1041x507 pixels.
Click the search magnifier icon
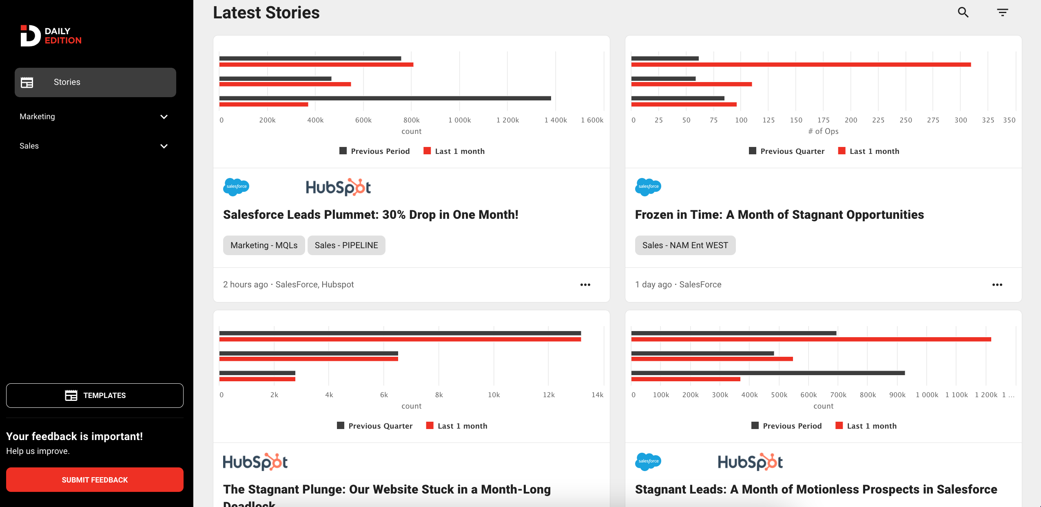click(x=963, y=12)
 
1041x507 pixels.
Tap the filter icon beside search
click(x=1002, y=12)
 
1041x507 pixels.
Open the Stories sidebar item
click(x=95, y=82)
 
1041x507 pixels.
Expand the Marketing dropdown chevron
click(x=164, y=117)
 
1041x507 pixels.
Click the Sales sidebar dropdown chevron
click(x=164, y=146)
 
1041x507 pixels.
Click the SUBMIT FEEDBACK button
click(x=95, y=480)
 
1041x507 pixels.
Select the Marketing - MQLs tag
click(x=264, y=245)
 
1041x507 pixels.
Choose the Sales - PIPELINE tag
click(x=346, y=245)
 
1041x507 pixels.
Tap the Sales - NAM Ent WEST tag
click(x=685, y=245)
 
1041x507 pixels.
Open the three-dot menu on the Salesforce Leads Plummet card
click(x=585, y=285)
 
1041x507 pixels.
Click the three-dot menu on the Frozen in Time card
click(x=997, y=285)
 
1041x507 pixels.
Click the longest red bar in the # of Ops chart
click(x=801, y=64)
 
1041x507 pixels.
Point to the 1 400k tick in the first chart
click(x=556, y=120)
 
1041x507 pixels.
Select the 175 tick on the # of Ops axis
click(x=823, y=120)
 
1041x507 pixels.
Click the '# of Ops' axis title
click(x=823, y=131)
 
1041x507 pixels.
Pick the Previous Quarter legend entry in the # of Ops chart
click(x=787, y=151)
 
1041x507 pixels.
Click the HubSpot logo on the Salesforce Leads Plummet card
click(x=338, y=187)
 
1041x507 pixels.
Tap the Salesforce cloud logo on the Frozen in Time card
click(x=648, y=187)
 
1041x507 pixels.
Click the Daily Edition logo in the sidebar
click(x=51, y=36)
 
